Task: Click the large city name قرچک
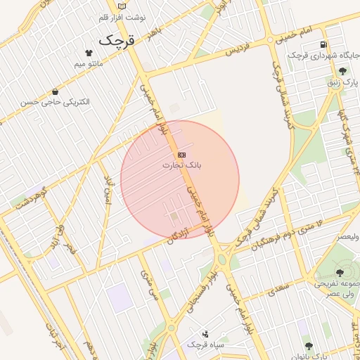click(115, 39)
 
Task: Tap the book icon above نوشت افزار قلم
click(122, 6)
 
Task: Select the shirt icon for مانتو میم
click(89, 53)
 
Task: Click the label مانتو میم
click(89, 65)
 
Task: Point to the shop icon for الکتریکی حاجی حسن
click(55, 91)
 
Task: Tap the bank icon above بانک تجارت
click(181, 154)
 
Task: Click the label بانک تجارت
click(182, 166)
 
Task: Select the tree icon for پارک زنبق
click(342, 71)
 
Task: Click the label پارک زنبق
click(342, 83)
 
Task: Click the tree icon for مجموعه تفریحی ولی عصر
click(340, 272)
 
